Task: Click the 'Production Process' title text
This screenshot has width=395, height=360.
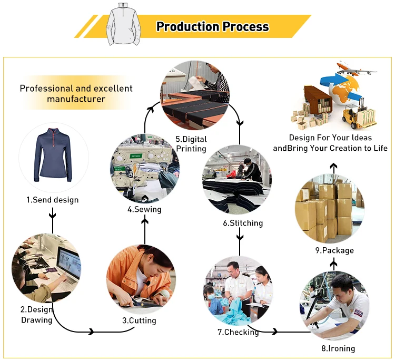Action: pyautogui.click(x=212, y=27)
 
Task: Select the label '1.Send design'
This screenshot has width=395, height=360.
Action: pyautogui.click(x=53, y=200)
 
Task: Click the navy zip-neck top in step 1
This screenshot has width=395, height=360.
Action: pyautogui.click(x=53, y=155)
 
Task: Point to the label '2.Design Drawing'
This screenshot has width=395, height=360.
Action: pyautogui.click(x=37, y=315)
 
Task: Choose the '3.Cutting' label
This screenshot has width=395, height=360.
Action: pyautogui.click(x=139, y=320)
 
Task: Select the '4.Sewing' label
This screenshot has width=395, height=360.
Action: pyautogui.click(x=144, y=209)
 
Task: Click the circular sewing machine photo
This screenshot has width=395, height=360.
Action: pyautogui.click(x=144, y=169)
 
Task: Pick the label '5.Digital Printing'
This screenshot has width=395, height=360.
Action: pyautogui.click(x=191, y=144)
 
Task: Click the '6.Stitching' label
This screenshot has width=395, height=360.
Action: pyautogui.click(x=243, y=223)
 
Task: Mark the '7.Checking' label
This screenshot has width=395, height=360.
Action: pyautogui.click(x=238, y=332)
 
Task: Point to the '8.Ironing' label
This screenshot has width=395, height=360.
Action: pyautogui.click(x=338, y=348)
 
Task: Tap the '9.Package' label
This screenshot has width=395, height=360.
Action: pyautogui.click(x=334, y=250)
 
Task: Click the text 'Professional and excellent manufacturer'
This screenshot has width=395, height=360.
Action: pyautogui.click(x=76, y=93)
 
